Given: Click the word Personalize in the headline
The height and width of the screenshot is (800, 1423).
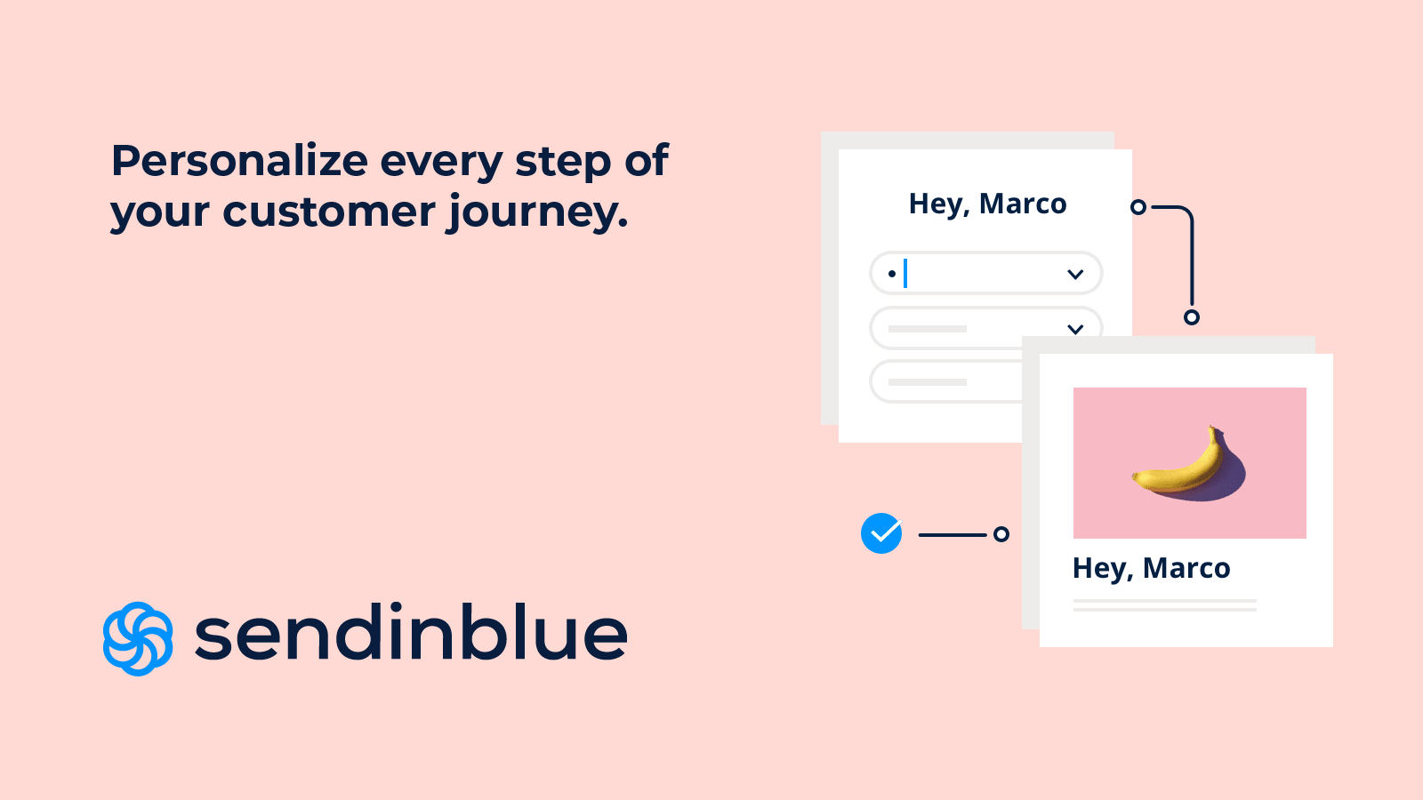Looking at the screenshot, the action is (x=239, y=160).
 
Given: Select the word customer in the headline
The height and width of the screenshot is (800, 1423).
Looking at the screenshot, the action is (x=329, y=212).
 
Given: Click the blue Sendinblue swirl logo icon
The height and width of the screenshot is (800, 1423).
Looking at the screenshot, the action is (x=138, y=639).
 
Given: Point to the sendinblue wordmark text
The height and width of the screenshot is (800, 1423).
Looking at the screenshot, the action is (x=411, y=632).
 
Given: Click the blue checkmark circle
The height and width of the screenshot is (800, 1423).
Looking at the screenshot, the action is (x=881, y=533).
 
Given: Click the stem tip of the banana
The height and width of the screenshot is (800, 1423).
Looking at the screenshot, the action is (x=1211, y=428).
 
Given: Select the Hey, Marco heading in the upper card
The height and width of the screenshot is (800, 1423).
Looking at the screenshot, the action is (x=987, y=204).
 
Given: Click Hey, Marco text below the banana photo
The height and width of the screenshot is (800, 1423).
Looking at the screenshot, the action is (x=1151, y=569).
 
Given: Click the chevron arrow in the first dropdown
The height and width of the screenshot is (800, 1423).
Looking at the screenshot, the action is (x=1075, y=275).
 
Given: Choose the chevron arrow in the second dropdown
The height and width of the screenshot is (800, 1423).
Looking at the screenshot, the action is (x=1075, y=329).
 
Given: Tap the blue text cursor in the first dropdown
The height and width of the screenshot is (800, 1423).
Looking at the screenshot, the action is (x=905, y=274).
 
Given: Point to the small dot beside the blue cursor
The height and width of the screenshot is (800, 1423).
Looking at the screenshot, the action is (x=892, y=275).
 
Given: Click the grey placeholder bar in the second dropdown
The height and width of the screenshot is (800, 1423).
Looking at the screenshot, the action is (x=927, y=329).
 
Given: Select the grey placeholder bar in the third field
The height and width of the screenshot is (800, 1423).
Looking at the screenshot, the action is (x=927, y=382).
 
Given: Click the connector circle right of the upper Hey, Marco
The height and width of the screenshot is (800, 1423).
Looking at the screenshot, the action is (x=1138, y=207).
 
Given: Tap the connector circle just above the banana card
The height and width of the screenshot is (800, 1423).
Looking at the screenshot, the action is (x=1192, y=316).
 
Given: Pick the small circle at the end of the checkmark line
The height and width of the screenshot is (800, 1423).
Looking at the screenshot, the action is (x=1001, y=534).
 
